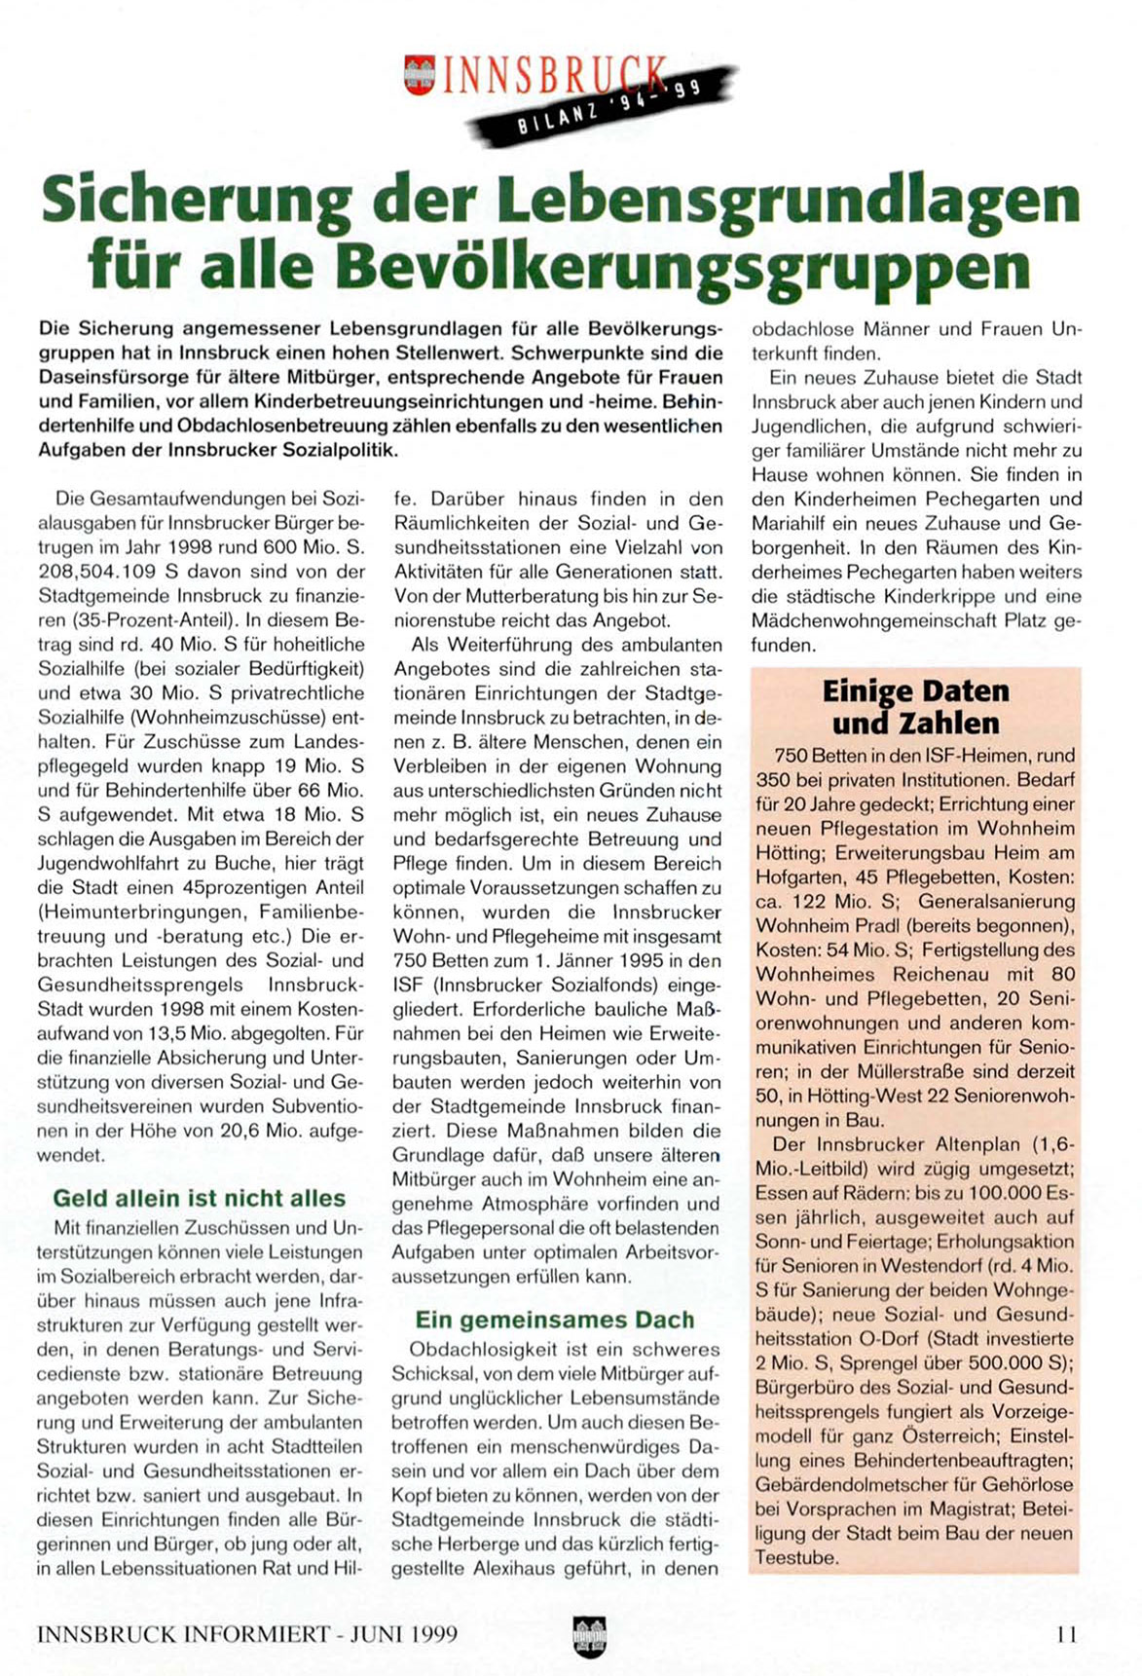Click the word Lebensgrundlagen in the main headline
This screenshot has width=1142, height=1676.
pos(789,200)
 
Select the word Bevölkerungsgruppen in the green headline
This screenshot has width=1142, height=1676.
pos(682,265)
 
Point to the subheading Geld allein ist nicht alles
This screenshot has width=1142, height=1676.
pos(199,1198)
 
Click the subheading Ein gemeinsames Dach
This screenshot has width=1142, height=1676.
pos(554,1320)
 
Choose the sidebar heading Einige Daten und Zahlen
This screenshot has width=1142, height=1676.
pos(915,707)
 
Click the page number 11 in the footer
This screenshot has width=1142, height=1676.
pos(1066,1634)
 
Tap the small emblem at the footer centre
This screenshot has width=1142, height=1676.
pos(589,1634)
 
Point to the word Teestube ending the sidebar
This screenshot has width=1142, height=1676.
pos(795,1557)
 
